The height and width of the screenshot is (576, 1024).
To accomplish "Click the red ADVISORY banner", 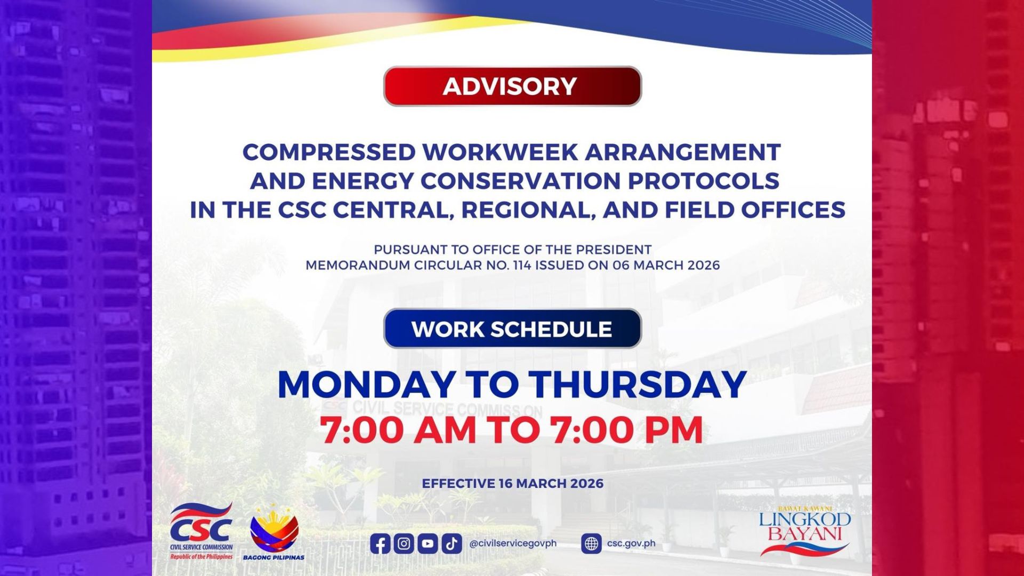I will point(512,86).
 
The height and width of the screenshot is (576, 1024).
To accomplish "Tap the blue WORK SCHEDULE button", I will point(512,329).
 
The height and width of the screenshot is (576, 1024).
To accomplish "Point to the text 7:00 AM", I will point(398,430).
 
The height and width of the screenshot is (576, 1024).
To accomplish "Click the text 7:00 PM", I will point(627,430).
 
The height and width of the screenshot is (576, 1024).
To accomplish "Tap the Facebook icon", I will point(380,543).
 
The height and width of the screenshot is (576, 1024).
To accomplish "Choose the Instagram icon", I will point(404,543).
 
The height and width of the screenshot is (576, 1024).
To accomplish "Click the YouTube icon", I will point(428,543).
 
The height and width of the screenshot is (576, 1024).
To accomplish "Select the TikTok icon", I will point(452,543).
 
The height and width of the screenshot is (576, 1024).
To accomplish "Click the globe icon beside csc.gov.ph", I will point(591,543).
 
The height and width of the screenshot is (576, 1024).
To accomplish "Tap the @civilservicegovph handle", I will point(513,543).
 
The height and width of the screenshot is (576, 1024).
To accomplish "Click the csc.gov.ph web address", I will point(631,543).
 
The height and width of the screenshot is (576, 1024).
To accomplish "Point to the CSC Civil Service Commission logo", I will point(202,531).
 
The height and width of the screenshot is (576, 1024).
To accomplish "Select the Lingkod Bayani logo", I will point(805,531).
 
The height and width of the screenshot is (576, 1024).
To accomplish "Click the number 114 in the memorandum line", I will point(522,265).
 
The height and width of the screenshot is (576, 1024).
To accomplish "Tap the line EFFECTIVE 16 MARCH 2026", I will point(513,484).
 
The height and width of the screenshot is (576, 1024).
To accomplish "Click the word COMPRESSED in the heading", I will point(329,153).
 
